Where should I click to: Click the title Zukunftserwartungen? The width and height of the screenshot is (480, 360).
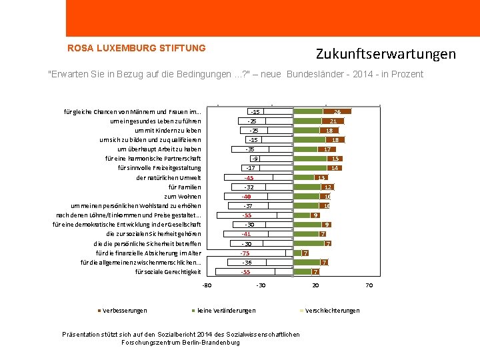click(385, 54)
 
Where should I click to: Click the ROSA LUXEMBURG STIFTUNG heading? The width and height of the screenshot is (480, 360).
click(137, 48)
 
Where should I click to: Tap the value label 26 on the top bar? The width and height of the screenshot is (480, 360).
click(338, 112)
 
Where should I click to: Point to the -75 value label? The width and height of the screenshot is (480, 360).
click(245, 253)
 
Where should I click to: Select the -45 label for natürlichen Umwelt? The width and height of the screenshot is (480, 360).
click(249, 178)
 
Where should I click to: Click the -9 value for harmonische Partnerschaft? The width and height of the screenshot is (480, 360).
click(254, 159)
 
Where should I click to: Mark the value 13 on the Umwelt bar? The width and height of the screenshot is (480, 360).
click(321, 178)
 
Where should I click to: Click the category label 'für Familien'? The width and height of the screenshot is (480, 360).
click(185, 187)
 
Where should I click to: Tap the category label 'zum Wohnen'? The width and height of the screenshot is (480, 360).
click(183, 197)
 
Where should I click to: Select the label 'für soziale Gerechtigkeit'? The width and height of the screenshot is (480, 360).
click(168, 272)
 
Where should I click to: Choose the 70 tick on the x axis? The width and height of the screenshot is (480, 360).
click(369, 286)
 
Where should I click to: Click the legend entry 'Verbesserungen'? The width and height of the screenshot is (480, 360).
click(125, 311)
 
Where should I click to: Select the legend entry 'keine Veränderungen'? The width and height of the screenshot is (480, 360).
click(226, 311)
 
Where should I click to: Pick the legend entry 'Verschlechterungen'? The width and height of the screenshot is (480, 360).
click(332, 311)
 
